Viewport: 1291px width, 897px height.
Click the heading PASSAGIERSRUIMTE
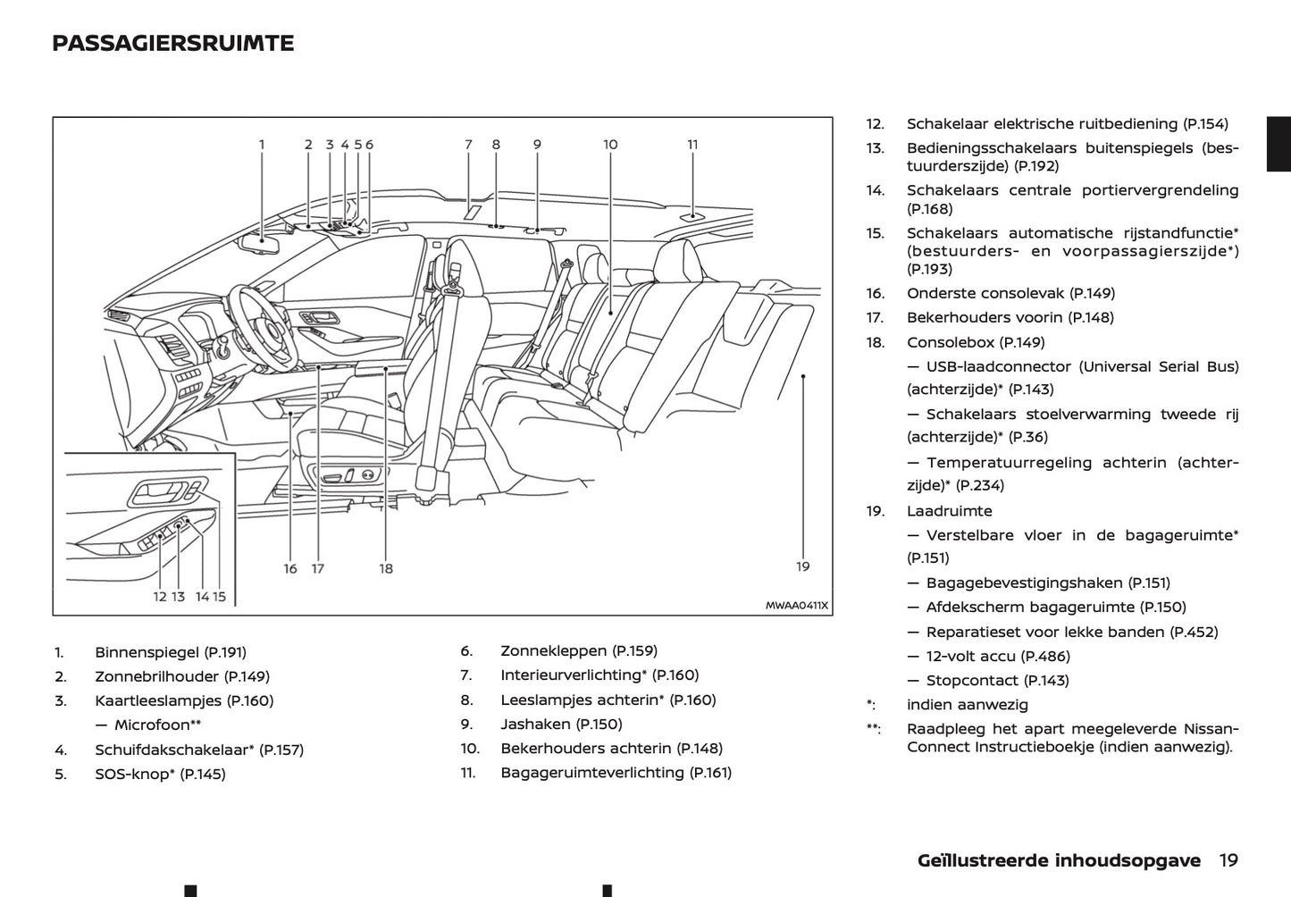172,43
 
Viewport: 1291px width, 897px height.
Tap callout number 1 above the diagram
262,144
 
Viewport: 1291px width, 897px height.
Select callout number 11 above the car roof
692,144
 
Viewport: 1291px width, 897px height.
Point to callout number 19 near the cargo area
802,566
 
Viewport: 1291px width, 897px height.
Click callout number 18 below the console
386,568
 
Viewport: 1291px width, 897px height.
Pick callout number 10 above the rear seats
610,144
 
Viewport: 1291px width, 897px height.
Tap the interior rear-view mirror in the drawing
263,241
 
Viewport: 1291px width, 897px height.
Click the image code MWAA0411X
797,606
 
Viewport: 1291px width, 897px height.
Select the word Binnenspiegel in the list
147,652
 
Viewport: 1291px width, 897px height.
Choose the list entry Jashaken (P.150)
561,724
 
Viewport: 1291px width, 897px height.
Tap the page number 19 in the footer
1228,859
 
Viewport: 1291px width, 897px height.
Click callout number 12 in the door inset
160,596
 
